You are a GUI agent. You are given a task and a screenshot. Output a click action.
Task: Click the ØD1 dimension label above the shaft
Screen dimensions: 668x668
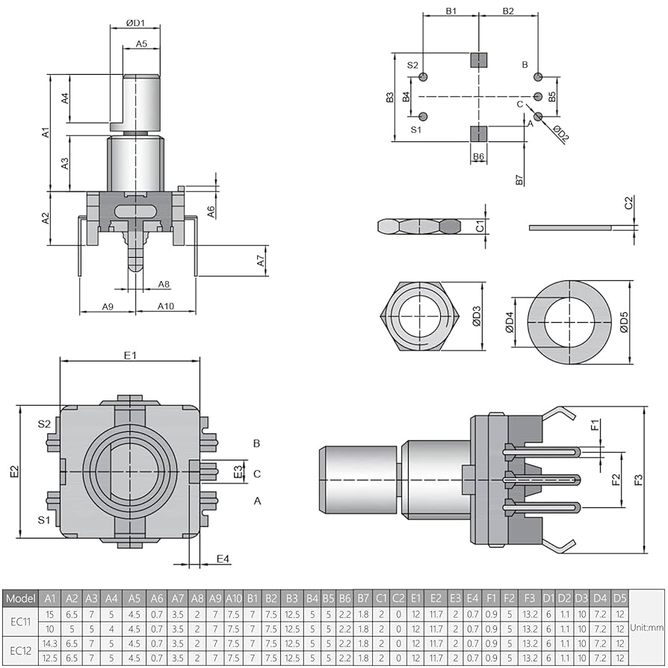click(x=134, y=23)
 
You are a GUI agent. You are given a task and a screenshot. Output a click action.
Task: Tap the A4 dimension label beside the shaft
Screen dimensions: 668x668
click(x=66, y=99)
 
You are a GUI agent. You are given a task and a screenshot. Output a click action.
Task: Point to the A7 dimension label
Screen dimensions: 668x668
click(x=261, y=261)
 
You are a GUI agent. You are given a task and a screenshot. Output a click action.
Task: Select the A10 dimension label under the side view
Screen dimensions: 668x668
click(x=165, y=306)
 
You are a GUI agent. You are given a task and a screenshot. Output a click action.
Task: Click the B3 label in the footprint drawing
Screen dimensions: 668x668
click(x=389, y=97)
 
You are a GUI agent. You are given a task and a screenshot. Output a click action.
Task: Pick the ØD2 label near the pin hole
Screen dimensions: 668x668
click(x=560, y=133)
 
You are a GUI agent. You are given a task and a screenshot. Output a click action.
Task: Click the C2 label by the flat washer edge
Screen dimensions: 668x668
click(x=628, y=202)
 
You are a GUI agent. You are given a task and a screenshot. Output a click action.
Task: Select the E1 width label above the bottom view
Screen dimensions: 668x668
click(x=130, y=355)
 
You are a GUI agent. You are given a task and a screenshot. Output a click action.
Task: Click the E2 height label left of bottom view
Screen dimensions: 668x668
click(x=13, y=471)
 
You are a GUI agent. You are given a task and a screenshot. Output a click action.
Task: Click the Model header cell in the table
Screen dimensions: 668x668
click(x=20, y=599)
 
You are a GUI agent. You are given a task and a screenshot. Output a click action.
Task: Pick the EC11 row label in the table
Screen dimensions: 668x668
click(x=20, y=620)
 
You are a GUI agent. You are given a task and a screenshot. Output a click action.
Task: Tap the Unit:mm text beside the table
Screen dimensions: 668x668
click(x=647, y=628)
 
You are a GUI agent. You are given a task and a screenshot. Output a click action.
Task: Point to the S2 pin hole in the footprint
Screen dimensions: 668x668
click(x=424, y=77)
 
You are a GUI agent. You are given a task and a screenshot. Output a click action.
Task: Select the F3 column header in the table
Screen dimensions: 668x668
click(x=530, y=599)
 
